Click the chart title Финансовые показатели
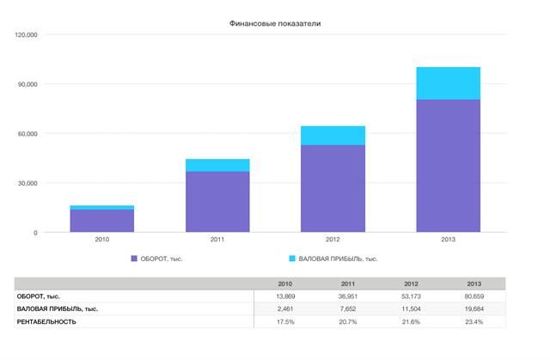[x=275, y=22]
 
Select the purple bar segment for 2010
[x=101, y=221]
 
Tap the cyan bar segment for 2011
[x=217, y=165]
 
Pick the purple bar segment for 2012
[x=333, y=188]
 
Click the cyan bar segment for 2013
[x=448, y=83]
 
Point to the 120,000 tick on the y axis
[x=26, y=35]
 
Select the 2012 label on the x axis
[x=333, y=241]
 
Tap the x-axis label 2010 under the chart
[x=101, y=241]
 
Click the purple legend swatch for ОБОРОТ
[x=134, y=258]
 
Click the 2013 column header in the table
[x=474, y=284]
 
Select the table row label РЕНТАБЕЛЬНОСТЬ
[x=46, y=321]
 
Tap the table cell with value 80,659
[x=474, y=296]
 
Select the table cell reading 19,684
[x=474, y=308]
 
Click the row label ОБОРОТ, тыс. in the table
[x=39, y=296]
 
